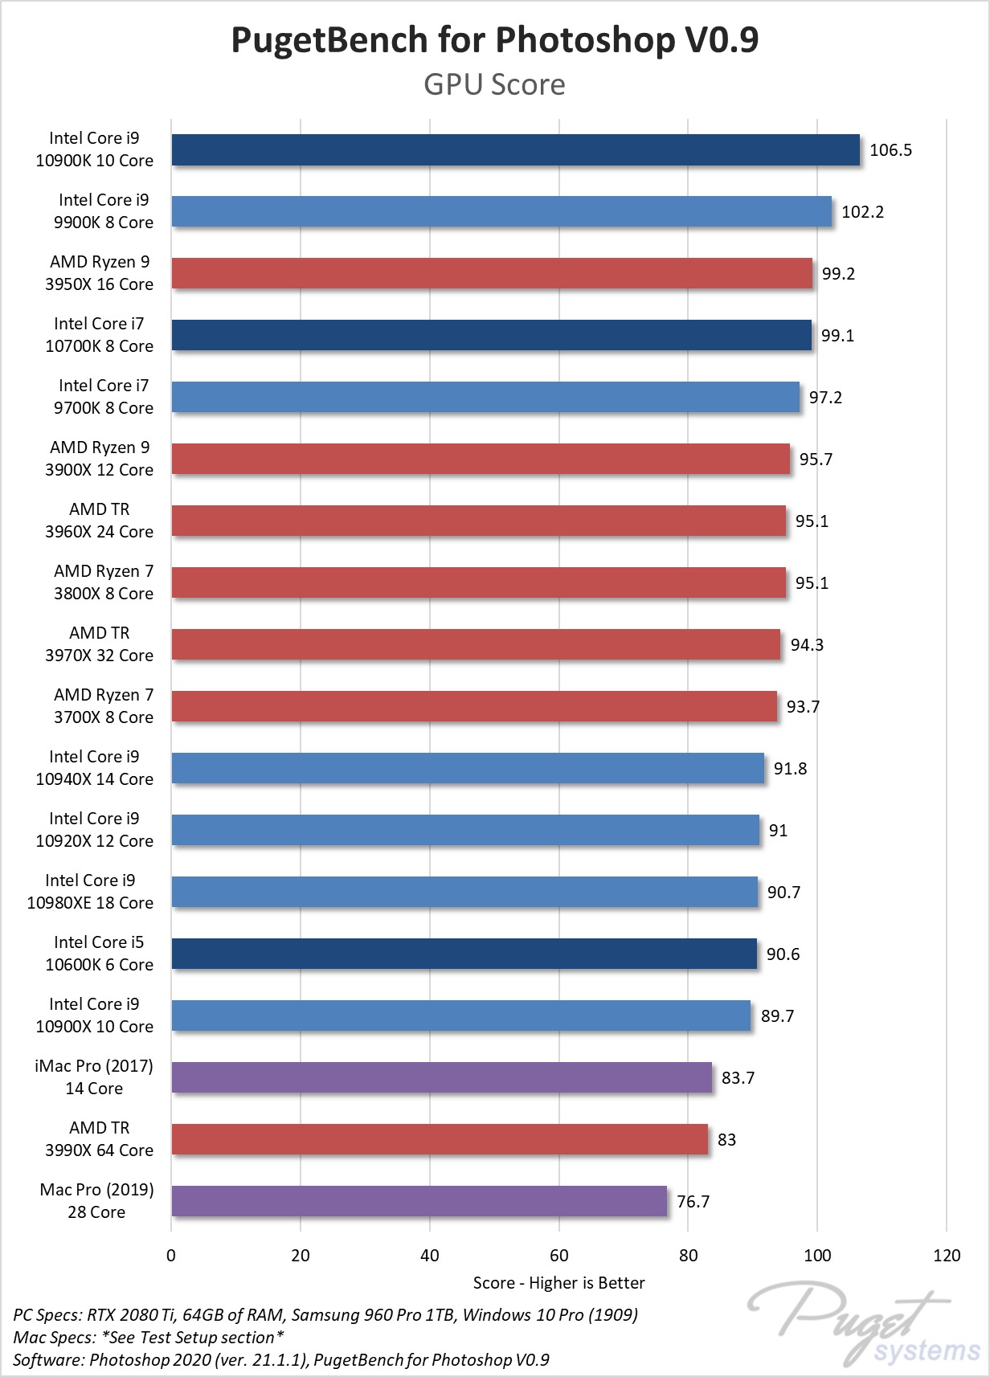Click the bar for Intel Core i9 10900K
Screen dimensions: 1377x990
click(x=514, y=150)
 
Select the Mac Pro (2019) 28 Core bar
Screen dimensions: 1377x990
click(x=418, y=1201)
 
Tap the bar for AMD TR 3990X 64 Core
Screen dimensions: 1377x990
click(x=439, y=1139)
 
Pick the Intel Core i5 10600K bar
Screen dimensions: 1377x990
click(x=464, y=954)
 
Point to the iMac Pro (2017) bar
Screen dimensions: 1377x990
click(x=441, y=1077)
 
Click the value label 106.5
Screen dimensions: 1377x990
click(x=890, y=150)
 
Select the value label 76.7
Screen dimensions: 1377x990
click(x=693, y=1201)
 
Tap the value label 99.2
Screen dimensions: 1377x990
click(x=838, y=274)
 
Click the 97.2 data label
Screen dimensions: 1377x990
click(x=825, y=398)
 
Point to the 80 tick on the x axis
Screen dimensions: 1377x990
click(x=688, y=1256)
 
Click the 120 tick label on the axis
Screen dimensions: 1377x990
click(x=947, y=1256)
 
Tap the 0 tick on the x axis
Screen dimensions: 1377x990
click(x=171, y=1256)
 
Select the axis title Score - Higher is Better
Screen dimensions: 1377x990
click(x=558, y=1283)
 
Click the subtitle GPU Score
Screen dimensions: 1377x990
click(x=494, y=84)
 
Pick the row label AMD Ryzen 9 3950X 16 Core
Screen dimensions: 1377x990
click(x=99, y=273)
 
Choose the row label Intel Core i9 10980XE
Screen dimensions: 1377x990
click(x=90, y=892)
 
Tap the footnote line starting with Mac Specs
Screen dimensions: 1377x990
click(x=148, y=1338)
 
